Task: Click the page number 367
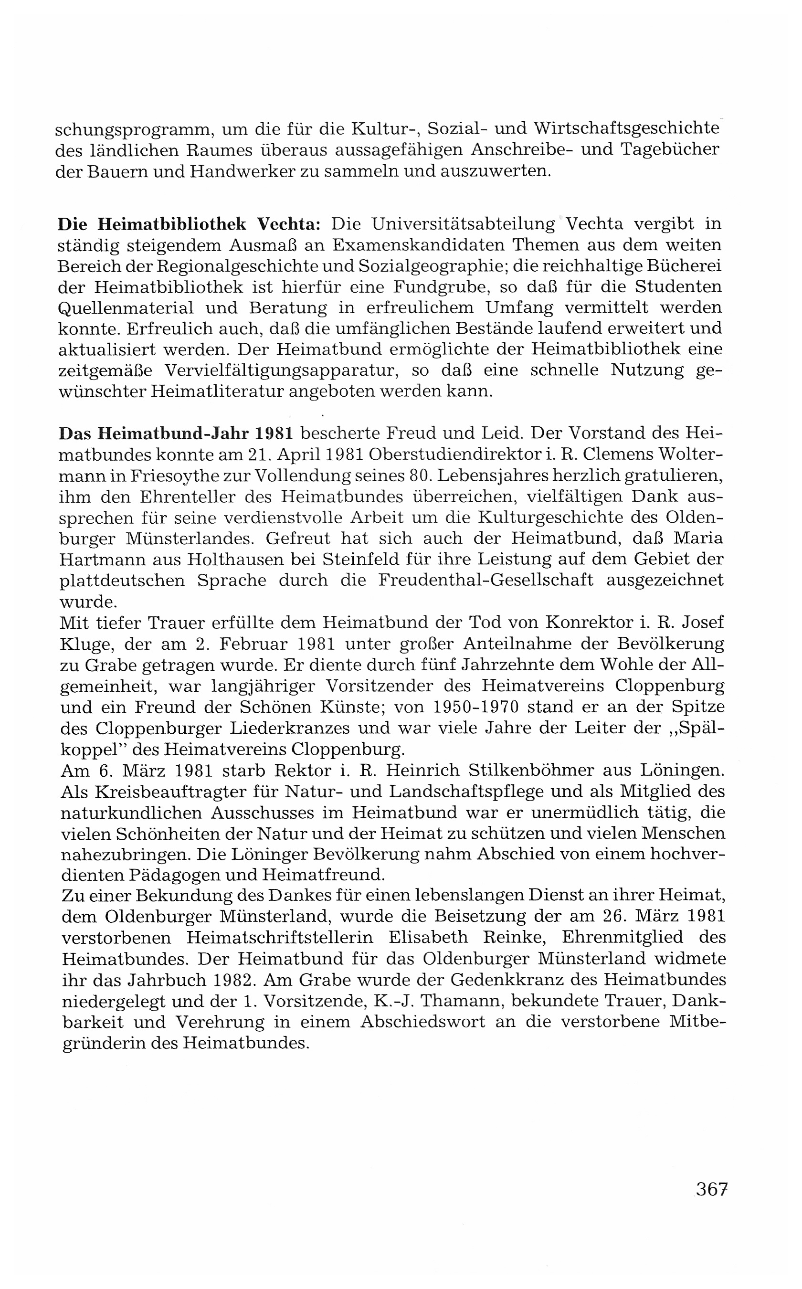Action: coord(711,1190)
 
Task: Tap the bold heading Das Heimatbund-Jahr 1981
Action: coord(176,433)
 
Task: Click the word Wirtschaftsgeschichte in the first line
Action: coord(626,129)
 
